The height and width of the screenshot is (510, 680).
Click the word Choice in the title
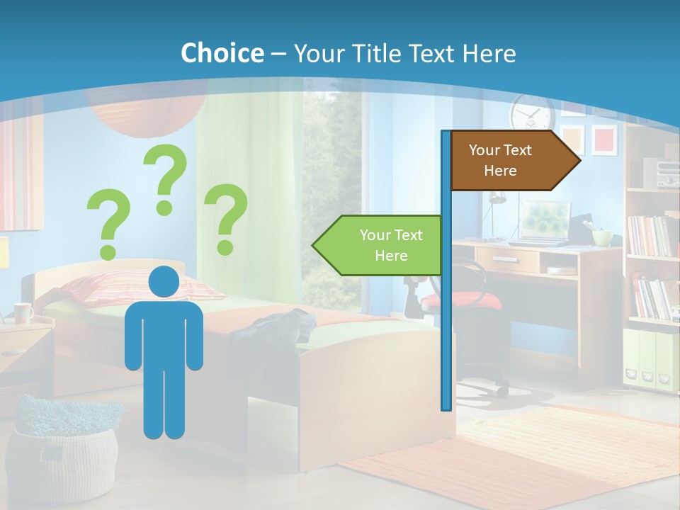click(222, 53)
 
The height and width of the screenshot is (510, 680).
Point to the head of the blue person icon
click(164, 282)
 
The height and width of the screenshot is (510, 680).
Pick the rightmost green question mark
click(226, 219)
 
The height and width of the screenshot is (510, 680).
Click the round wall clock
click(531, 113)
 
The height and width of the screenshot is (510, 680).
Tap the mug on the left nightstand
click(23, 312)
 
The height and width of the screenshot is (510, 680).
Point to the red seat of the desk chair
click(460, 301)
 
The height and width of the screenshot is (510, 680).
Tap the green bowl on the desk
click(602, 237)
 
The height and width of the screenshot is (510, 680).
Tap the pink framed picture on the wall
click(604, 140)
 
